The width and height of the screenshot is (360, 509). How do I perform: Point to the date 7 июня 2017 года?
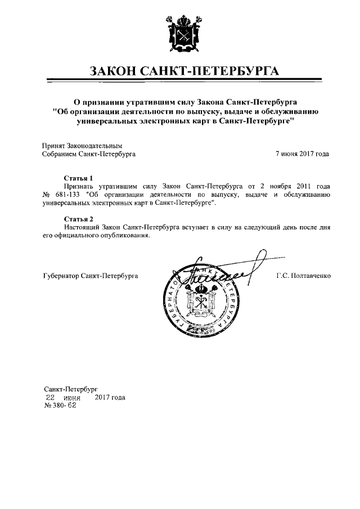302,153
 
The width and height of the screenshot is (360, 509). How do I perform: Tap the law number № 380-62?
60,406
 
